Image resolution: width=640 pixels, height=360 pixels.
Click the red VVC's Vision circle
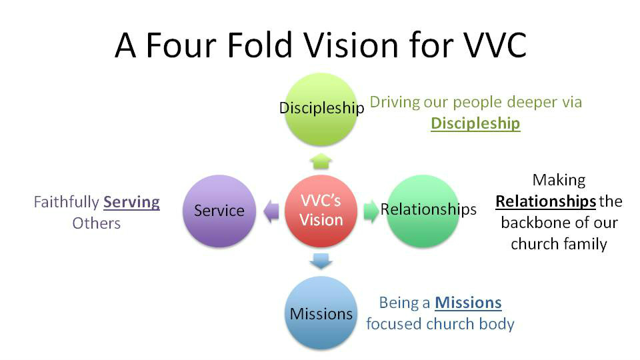321,211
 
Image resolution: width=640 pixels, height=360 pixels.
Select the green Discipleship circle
321,109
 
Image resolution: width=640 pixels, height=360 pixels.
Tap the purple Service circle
219,211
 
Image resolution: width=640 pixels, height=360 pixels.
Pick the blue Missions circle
321,313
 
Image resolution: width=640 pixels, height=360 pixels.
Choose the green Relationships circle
423,211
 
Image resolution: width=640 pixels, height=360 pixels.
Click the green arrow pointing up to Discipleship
321,161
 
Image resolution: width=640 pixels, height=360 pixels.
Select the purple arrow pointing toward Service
271,211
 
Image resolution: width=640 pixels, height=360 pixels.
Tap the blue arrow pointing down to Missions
321,261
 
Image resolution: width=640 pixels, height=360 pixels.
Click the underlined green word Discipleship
475,123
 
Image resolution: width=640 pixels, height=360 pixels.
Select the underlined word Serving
131,203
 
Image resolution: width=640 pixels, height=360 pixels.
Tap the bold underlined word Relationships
546,201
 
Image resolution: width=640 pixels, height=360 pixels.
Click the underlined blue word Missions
468,303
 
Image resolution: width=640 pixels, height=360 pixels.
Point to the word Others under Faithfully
96,223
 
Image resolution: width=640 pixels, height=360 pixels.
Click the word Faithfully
66,202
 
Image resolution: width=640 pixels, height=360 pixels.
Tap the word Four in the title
181,45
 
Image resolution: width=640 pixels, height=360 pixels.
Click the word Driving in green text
395,102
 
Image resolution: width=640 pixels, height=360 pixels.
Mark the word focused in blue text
393,324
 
